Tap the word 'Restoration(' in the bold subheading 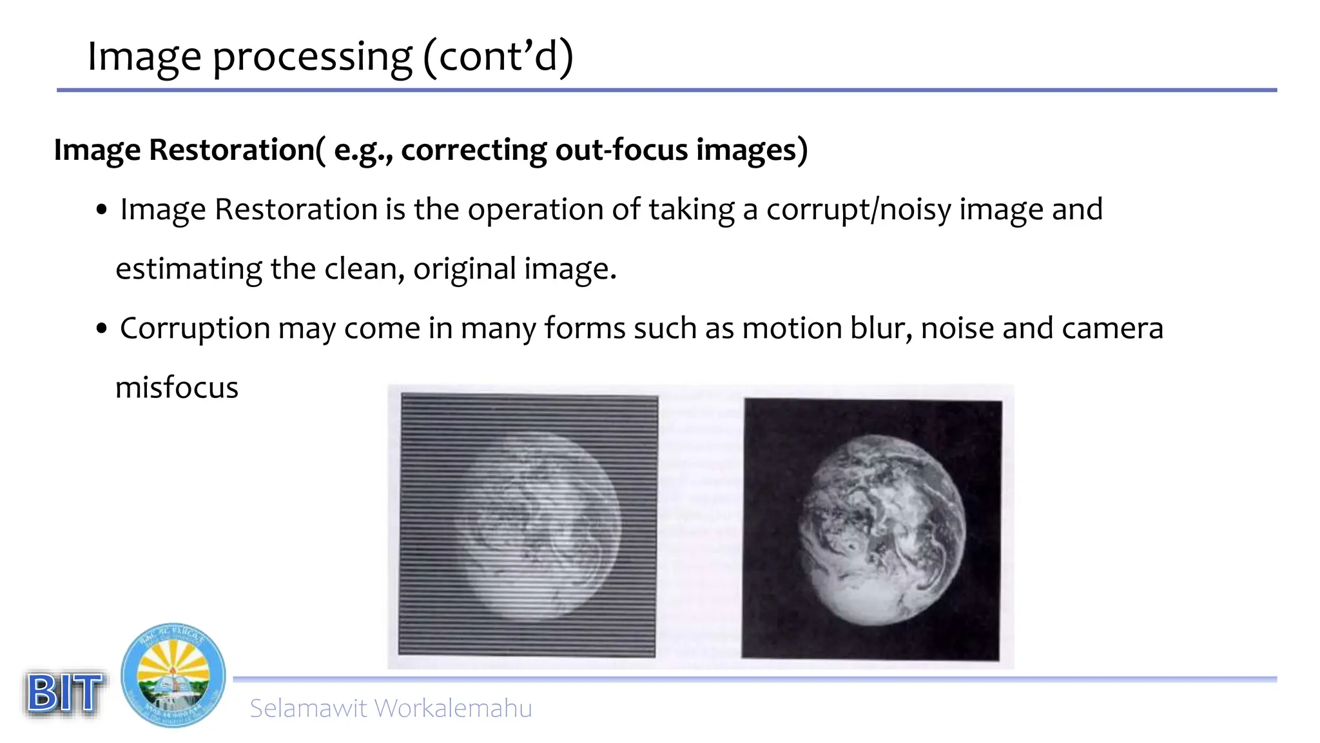coord(237,150)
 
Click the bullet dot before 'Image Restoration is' coord(101,210)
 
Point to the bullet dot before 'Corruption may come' coord(101,329)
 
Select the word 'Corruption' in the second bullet coord(195,329)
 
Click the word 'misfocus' coord(177,388)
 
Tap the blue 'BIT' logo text coord(64,693)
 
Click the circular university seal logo coord(173,675)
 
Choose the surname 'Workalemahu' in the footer coord(453,708)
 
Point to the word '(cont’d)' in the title coord(498,57)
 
